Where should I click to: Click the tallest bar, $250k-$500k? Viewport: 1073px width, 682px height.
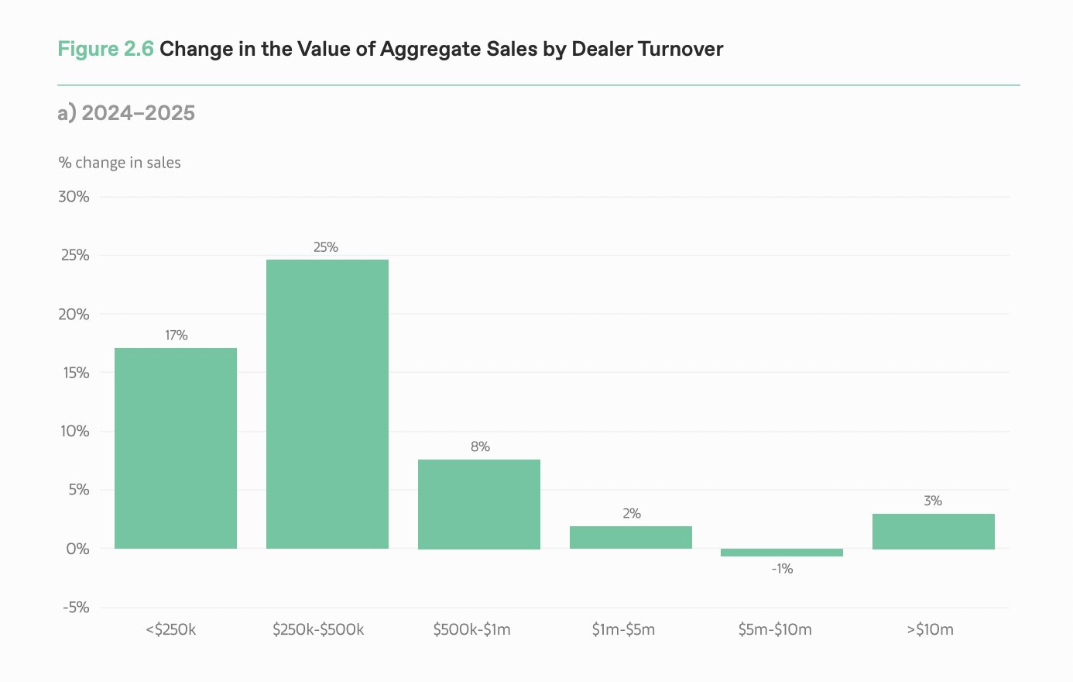(x=327, y=404)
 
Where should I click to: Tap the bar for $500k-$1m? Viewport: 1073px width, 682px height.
(x=479, y=504)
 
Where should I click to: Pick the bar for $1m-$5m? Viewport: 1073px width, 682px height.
(x=631, y=537)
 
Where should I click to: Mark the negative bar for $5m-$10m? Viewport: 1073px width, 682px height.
(x=782, y=553)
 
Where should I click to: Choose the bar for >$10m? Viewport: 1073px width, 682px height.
(x=934, y=531)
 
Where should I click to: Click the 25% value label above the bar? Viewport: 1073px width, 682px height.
(x=326, y=247)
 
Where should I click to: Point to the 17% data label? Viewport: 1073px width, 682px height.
(x=176, y=336)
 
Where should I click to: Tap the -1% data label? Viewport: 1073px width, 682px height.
(x=782, y=569)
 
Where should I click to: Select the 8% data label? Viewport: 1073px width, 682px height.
(x=480, y=447)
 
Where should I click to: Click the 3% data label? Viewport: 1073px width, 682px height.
(x=933, y=501)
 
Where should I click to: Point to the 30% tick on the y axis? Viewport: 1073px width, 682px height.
(x=74, y=197)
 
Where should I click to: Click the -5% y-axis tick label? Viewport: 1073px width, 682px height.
(x=76, y=608)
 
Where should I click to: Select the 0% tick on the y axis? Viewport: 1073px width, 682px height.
(x=77, y=549)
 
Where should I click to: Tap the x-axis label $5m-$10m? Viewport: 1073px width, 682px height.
(x=775, y=629)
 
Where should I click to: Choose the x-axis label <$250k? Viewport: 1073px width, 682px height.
(x=171, y=629)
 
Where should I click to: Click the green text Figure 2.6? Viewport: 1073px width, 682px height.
(x=105, y=49)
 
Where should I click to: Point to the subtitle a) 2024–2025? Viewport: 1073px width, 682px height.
(x=126, y=113)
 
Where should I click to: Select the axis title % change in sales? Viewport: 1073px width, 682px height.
(x=120, y=163)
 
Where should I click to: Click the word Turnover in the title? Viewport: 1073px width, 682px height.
(x=680, y=49)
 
